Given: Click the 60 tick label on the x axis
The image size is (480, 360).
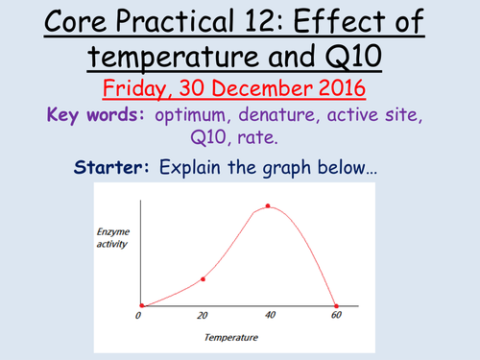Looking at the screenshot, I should tap(336, 316).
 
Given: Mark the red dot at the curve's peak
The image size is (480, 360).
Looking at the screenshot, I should tap(268, 205).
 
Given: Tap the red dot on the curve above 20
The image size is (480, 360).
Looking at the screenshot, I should tap(203, 279).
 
